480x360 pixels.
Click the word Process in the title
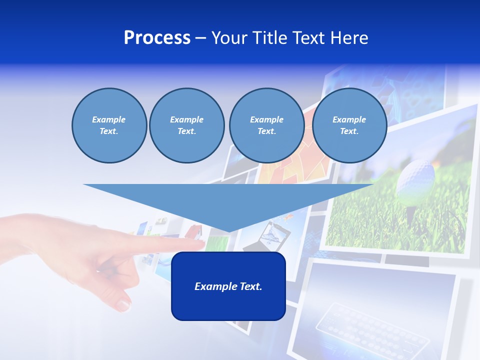tap(157, 38)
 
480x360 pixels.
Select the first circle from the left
tap(109, 125)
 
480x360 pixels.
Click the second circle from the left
tap(186, 125)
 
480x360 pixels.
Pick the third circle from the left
tap(266, 125)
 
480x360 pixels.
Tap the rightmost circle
tap(349, 125)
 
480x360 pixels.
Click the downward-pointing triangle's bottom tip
tap(228, 231)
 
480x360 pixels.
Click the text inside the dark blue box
tap(228, 286)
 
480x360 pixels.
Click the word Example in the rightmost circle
tap(349, 119)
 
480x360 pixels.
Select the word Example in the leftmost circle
tap(109, 119)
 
